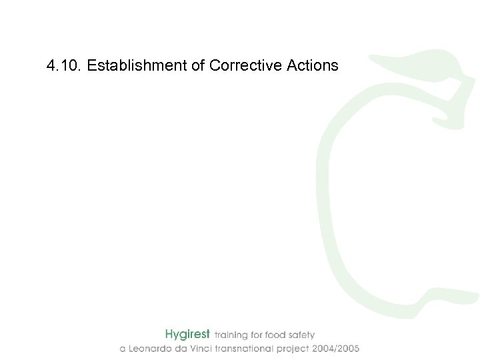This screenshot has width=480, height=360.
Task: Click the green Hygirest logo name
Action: [187, 334]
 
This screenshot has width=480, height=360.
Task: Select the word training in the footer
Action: [231, 335]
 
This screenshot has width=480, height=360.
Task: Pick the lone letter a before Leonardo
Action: [123, 349]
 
